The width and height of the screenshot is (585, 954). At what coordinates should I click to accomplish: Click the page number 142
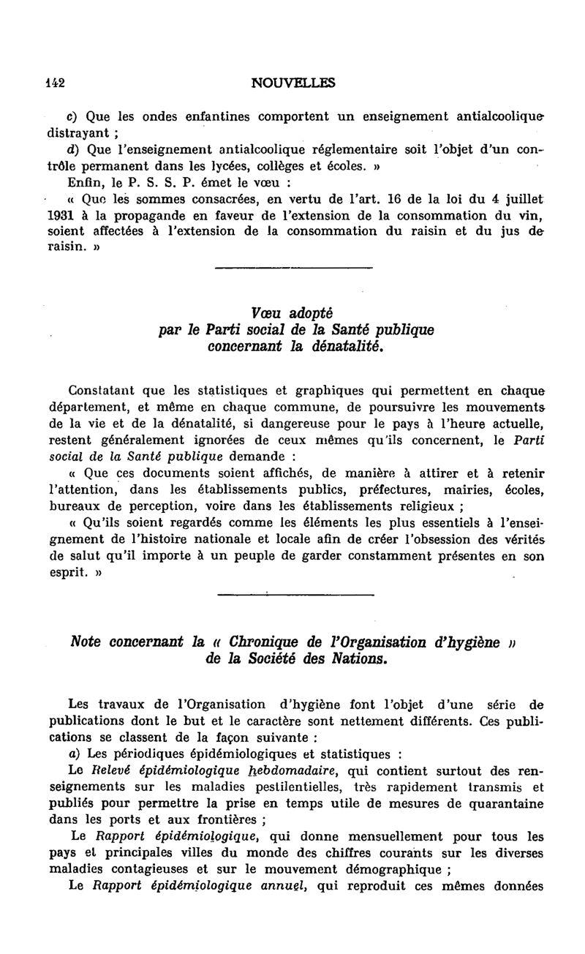(55, 83)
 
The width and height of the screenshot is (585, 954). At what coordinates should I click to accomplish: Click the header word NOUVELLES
(292, 83)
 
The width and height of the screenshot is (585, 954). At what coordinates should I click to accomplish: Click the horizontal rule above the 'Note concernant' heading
(294, 594)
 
